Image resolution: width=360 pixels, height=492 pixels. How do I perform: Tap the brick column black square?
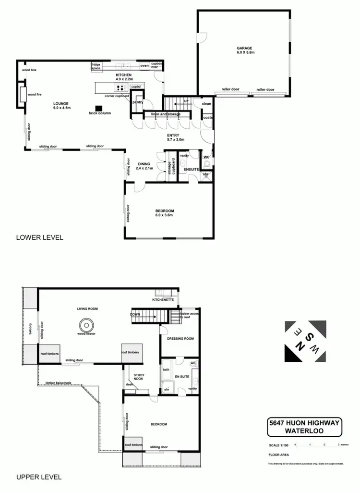pyautogui.click(x=99, y=108)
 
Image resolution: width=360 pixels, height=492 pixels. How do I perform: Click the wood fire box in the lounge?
pyautogui.click(x=22, y=94)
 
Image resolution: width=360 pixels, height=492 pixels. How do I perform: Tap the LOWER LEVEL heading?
pyautogui.click(x=39, y=237)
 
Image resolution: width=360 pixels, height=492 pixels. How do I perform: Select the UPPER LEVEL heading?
pyautogui.click(x=39, y=477)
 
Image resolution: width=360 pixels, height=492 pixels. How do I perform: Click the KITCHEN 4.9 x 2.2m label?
pyautogui.click(x=124, y=77)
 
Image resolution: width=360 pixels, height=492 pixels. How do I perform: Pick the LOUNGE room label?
pyautogui.click(x=61, y=106)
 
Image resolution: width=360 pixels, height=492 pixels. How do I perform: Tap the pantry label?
pyautogui.click(x=138, y=102)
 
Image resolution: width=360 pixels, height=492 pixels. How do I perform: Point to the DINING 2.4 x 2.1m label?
pyautogui.click(x=144, y=166)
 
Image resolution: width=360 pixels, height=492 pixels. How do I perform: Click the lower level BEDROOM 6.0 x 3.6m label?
pyautogui.click(x=164, y=213)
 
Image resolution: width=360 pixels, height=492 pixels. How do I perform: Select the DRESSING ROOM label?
pyautogui.click(x=180, y=339)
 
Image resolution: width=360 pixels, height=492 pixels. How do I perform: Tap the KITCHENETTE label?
pyautogui.click(x=162, y=299)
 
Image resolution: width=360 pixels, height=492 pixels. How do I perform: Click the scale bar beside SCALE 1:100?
pyautogui.click(x=317, y=445)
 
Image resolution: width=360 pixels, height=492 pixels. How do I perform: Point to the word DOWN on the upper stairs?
pyautogui.click(x=135, y=315)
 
